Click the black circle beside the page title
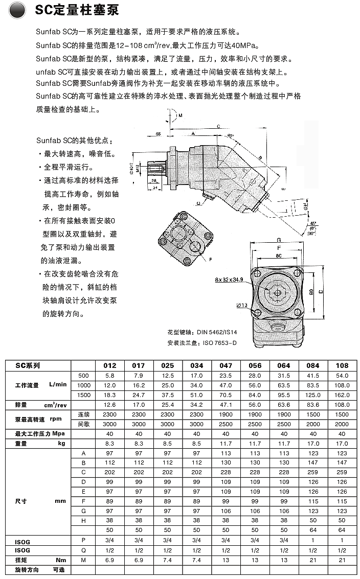click(x=17, y=10)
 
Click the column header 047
click(x=226, y=365)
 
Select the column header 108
click(x=342, y=365)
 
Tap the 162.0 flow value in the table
click(x=342, y=395)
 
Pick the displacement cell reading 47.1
click(x=226, y=404)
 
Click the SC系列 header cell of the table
click(x=28, y=365)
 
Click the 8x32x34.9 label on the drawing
click(x=229, y=280)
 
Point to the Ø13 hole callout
click(x=242, y=306)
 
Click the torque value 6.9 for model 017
click(x=139, y=560)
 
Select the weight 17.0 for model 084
click(x=312, y=444)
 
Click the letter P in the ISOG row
click(x=82, y=540)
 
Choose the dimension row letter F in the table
click(x=82, y=502)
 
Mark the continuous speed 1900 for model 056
click(x=255, y=414)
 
